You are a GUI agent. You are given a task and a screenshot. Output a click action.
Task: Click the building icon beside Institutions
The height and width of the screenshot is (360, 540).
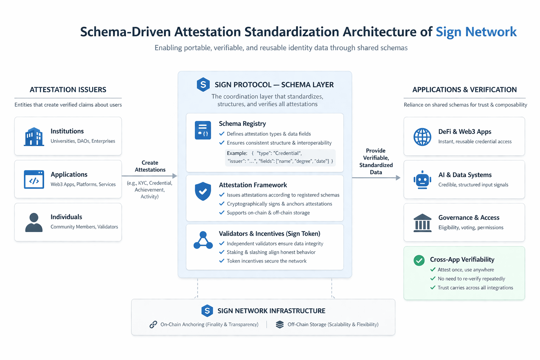point(34,136)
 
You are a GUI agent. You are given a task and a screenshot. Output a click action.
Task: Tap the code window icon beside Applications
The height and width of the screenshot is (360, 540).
point(34,179)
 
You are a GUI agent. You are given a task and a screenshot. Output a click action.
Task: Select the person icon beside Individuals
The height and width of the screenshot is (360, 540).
point(34,222)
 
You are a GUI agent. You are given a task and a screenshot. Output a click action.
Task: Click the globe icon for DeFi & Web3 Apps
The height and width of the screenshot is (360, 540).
point(422,137)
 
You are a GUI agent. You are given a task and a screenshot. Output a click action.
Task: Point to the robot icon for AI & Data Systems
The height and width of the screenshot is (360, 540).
point(422,180)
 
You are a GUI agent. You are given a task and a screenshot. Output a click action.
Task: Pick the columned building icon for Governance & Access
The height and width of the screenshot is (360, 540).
point(422,223)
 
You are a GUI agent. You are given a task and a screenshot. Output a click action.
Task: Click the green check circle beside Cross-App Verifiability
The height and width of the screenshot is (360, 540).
point(419,261)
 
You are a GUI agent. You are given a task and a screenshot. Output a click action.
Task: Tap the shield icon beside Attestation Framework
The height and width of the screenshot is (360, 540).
point(203,191)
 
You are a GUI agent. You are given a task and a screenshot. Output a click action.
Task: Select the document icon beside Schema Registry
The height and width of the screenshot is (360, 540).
point(203,130)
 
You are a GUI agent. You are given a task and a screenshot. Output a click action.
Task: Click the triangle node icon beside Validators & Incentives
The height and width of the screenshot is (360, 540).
point(203,240)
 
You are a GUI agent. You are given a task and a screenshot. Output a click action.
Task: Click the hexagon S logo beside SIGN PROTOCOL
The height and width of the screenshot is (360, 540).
point(203,85)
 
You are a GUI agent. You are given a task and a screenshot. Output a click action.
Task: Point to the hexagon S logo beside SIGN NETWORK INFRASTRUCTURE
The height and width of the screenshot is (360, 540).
point(207,311)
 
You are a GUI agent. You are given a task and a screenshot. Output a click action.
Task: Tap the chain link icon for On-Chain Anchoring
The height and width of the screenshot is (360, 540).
point(153,324)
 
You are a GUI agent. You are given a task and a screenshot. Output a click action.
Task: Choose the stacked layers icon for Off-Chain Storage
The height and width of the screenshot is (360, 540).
point(279,324)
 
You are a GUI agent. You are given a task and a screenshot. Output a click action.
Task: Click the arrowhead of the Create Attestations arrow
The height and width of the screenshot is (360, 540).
point(175,176)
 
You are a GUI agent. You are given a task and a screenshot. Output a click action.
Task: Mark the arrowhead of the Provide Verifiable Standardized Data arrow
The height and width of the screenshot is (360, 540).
point(398,178)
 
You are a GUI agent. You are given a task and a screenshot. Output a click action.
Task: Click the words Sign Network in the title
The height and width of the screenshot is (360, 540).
point(476,32)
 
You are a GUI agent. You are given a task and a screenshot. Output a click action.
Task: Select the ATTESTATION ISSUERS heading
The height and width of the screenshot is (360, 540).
point(68,90)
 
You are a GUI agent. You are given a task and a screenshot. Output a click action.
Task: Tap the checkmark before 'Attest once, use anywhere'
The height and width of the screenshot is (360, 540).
point(433,270)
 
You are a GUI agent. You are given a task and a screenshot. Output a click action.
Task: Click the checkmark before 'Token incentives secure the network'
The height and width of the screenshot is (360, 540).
point(222,261)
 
